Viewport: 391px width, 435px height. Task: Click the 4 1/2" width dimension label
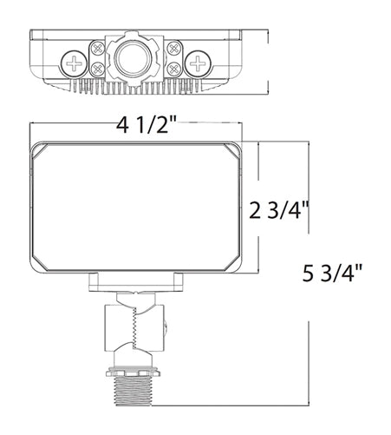click(147, 127)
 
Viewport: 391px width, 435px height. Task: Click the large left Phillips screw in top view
click(73, 63)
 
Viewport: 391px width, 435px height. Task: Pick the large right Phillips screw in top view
click(201, 63)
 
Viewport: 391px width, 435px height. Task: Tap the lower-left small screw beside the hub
click(101, 69)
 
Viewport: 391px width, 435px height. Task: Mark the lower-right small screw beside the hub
click(174, 69)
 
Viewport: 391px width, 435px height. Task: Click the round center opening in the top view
click(137, 56)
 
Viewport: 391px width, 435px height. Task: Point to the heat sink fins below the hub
click(137, 87)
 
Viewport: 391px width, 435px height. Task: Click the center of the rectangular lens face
click(137, 205)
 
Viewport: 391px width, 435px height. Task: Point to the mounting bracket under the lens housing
click(136, 280)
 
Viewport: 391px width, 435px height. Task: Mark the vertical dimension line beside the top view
click(265, 61)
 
